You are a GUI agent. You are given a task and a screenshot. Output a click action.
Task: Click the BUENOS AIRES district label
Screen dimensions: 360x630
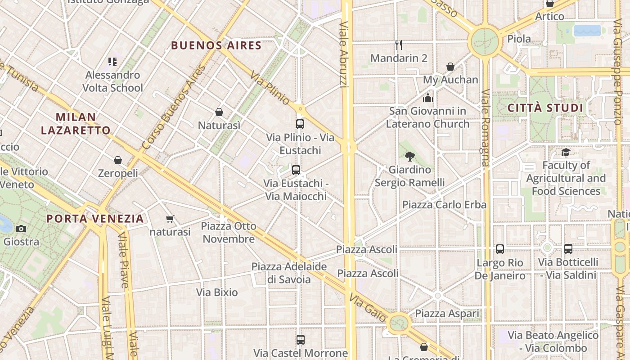[x=216, y=45]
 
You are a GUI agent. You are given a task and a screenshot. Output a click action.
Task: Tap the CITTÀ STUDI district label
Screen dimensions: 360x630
[x=545, y=108]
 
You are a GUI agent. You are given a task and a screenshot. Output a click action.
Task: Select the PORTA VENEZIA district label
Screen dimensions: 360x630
[x=95, y=219]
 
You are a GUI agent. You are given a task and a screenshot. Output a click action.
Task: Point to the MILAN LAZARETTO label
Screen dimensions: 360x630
[x=76, y=124]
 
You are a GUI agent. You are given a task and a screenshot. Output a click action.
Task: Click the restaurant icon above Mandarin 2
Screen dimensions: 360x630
[x=398, y=45]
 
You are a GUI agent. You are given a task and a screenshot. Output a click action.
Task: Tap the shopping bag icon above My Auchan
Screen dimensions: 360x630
[x=450, y=67]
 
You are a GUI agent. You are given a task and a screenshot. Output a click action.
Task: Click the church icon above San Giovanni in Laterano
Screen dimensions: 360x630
[x=427, y=97]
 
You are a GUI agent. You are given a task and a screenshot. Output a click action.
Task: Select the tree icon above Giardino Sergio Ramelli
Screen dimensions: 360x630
[x=409, y=157]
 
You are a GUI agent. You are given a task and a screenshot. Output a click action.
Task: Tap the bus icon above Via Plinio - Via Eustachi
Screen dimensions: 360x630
[x=300, y=124]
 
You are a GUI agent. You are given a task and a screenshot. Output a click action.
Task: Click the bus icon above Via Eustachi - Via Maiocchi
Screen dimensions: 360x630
[x=296, y=170]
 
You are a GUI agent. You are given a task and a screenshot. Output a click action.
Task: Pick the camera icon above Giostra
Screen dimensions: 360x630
[x=21, y=229]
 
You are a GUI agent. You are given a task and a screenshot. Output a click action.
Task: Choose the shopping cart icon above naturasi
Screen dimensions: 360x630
[x=170, y=219]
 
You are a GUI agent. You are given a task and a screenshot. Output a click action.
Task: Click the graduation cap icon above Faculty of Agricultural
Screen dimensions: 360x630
[x=566, y=152]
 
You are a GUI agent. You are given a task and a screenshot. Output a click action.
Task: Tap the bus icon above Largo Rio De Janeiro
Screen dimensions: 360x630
[x=499, y=249]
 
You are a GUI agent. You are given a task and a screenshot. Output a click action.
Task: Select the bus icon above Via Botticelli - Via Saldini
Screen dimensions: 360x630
[x=568, y=248]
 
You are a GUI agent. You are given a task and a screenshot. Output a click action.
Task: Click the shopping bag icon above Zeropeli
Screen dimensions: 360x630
[x=118, y=160]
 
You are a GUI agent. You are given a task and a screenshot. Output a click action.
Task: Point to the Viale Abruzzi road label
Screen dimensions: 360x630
[x=344, y=54]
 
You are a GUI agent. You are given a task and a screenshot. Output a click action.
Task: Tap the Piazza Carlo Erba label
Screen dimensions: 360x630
[x=444, y=205]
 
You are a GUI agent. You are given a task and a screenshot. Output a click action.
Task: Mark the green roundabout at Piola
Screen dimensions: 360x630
[x=485, y=42]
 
